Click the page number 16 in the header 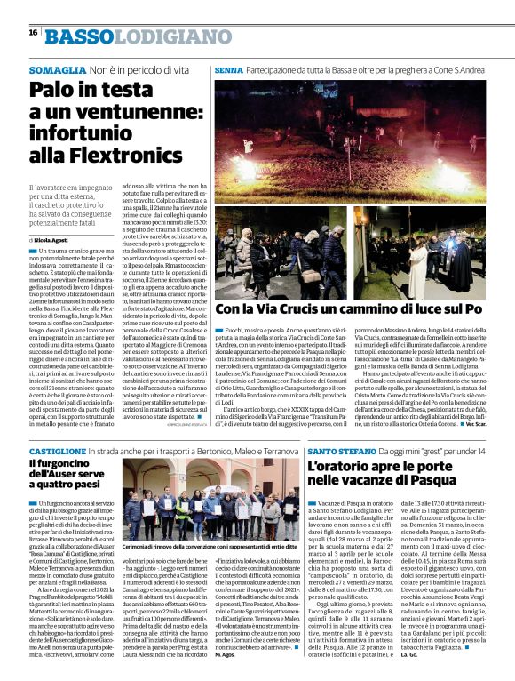[x=32, y=32]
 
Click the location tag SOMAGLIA [x=57, y=68]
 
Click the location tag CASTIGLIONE [x=67, y=452]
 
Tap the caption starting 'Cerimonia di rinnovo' [x=202, y=546]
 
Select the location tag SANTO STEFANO [x=338, y=452]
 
